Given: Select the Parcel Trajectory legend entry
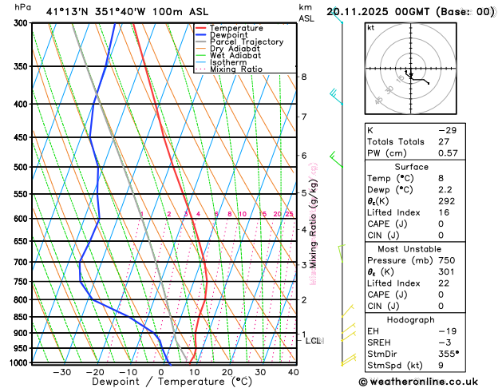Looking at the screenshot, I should pos(246,42).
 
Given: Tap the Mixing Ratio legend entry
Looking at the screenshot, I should pos(235,69).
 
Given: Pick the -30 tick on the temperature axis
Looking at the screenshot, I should pos(62,371).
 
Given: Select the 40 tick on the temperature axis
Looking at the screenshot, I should pos(294,371).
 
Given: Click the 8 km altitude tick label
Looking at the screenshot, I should pos(304,77).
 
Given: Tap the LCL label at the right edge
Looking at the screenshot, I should pos(314,341).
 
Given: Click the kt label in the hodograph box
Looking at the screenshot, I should pos(370,27).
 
